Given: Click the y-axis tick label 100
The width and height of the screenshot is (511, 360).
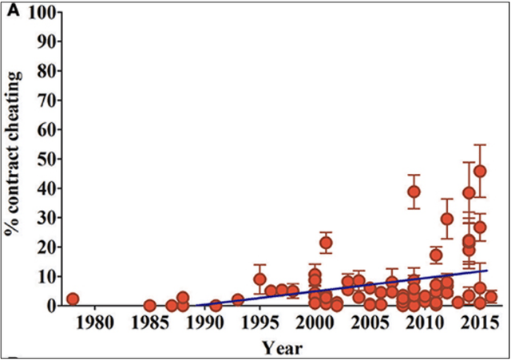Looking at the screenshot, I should [x=42, y=13].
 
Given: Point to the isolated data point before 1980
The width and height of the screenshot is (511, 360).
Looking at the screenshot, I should [x=73, y=299].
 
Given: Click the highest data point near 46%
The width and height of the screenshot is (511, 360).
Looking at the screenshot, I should [x=480, y=171].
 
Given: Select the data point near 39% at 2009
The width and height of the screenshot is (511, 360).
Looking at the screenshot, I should [x=414, y=192].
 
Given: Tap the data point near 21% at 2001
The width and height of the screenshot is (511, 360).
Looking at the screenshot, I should [x=326, y=243].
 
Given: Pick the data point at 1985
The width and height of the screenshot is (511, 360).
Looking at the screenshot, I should [x=149, y=306].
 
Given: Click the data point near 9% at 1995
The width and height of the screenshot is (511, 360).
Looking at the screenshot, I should [x=259, y=279].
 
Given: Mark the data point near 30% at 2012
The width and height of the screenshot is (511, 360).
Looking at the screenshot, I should [x=447, y=218].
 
